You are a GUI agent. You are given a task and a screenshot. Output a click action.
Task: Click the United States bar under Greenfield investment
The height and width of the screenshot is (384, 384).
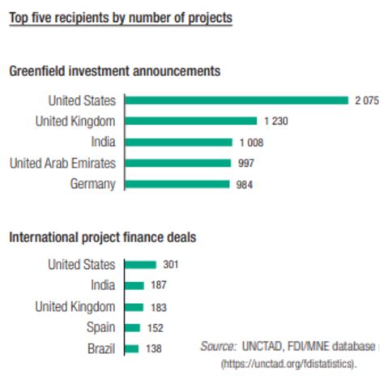coord(236,100)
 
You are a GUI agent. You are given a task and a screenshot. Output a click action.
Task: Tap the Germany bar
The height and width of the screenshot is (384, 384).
coord(177,184)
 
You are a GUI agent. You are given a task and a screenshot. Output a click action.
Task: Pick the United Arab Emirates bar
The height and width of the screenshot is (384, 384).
coord(177,163)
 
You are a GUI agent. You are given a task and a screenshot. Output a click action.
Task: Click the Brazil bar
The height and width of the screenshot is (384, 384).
coord(131,348)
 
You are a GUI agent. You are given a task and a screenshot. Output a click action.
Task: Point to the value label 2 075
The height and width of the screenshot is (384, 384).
coord(367,100)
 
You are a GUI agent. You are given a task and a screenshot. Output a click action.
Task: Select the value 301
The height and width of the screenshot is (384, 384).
coord(171,264)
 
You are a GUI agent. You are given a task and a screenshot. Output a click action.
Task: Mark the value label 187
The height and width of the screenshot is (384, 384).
coord(160,285)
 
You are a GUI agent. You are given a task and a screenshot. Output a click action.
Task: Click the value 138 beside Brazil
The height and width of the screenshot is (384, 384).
coord(154,348)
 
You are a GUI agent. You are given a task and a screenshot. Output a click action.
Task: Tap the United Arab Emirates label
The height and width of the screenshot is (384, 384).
coord(62,163)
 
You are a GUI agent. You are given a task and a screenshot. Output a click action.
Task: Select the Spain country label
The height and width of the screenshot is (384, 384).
coord(100,327)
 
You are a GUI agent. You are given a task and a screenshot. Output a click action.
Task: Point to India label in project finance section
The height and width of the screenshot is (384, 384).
coord(102,285)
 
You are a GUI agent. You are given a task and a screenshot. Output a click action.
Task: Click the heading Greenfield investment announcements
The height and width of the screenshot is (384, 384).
coord(114,71)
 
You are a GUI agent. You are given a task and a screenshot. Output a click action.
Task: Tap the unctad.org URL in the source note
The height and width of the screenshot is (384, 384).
coord(288,365)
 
